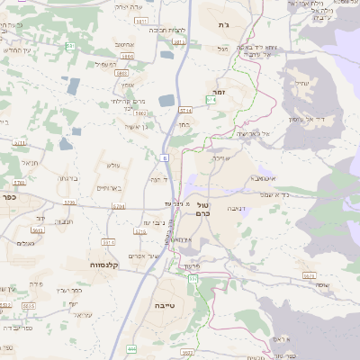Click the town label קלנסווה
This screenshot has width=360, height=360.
(105, 265)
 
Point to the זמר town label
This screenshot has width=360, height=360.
(219, 92)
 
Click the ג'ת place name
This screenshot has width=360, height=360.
(223, 24)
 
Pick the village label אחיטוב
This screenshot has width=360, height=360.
(125, 45)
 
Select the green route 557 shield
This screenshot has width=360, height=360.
(193, 279)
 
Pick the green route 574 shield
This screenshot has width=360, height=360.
(211, 100)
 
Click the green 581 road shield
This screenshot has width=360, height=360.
(178, 42)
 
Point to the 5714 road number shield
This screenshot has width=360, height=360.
(184, 110)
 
